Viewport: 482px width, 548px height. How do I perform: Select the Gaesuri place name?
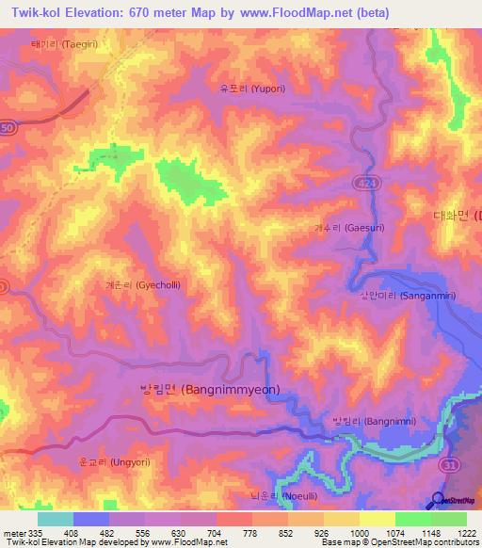tap(349, 228)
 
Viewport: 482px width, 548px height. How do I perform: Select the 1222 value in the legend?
tap(468, 533)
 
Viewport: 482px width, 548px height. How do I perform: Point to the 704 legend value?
tap(217, 533)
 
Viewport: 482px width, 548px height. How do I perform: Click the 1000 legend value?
tap(360, 533)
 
